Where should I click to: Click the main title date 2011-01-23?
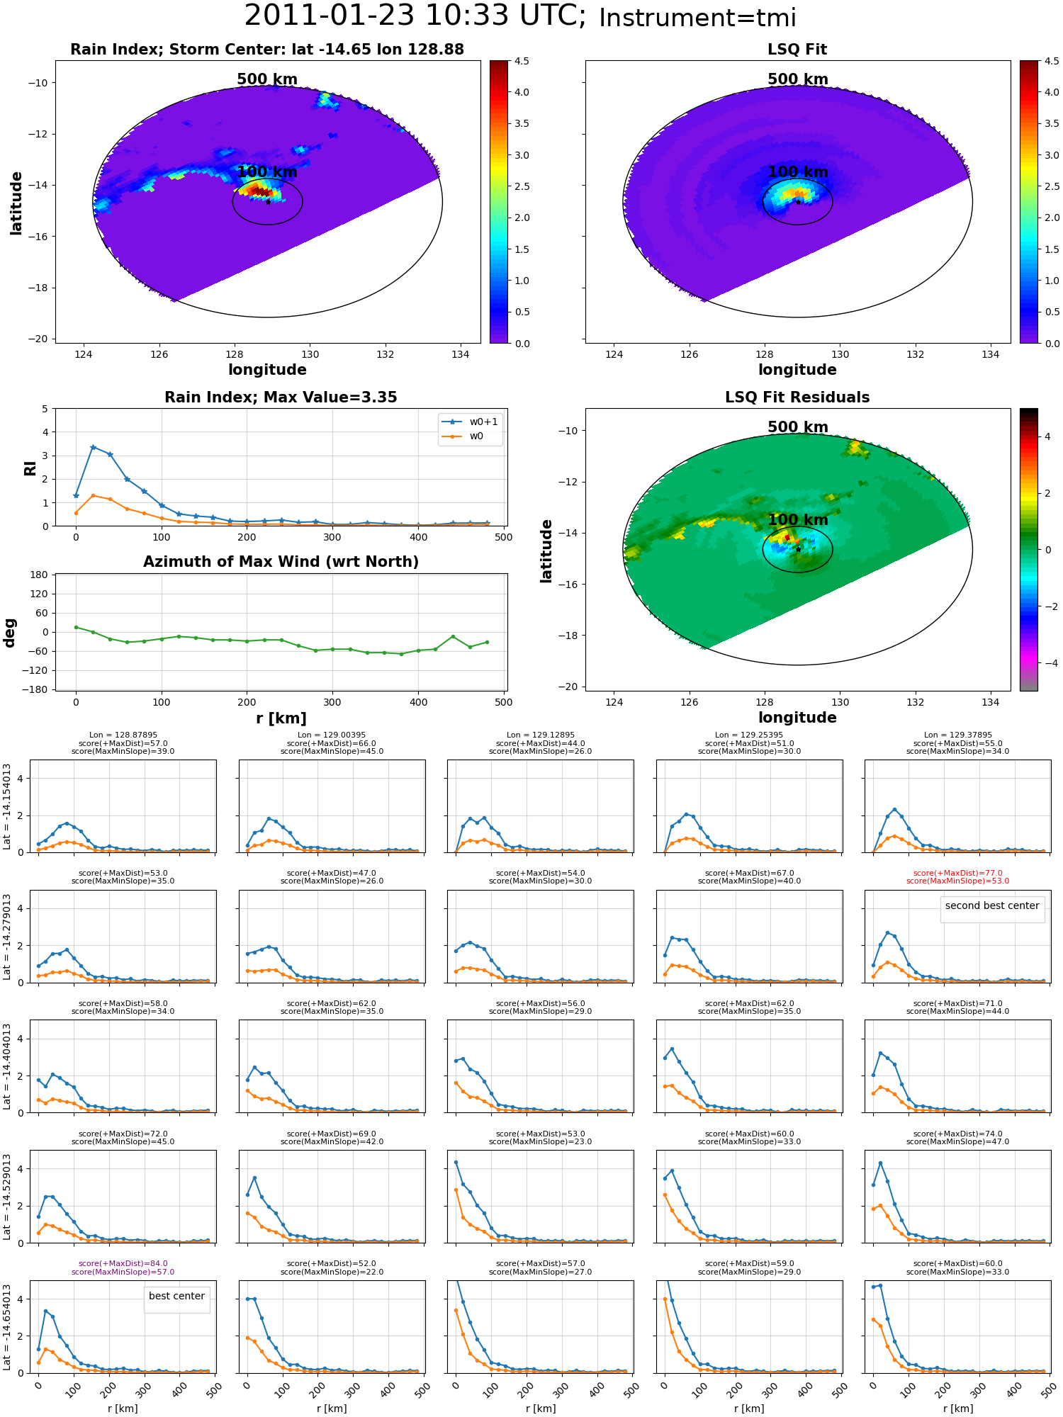[329, 16]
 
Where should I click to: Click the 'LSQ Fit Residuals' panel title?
[797, 397]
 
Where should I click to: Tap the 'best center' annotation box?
[176, 1297]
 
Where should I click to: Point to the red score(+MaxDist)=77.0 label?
[957, 874]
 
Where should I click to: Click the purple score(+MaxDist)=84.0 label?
[123, 1264]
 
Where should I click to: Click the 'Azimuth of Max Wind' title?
[281, 562]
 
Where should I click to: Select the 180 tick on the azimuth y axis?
[39, 575]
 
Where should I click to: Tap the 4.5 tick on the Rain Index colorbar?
[522, 61]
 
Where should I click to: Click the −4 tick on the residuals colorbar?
[1047, 663]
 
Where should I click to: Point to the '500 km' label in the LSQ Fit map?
[798, 79]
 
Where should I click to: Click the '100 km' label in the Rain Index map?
[267, 172]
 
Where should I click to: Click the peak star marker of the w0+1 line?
[93, 447]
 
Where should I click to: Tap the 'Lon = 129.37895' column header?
[957, 735]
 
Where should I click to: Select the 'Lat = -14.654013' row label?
[7, 1327]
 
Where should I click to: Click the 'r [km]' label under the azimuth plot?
[281, 718]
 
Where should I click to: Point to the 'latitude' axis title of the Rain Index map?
[16, 203]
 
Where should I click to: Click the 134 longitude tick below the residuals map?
[990, 702]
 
